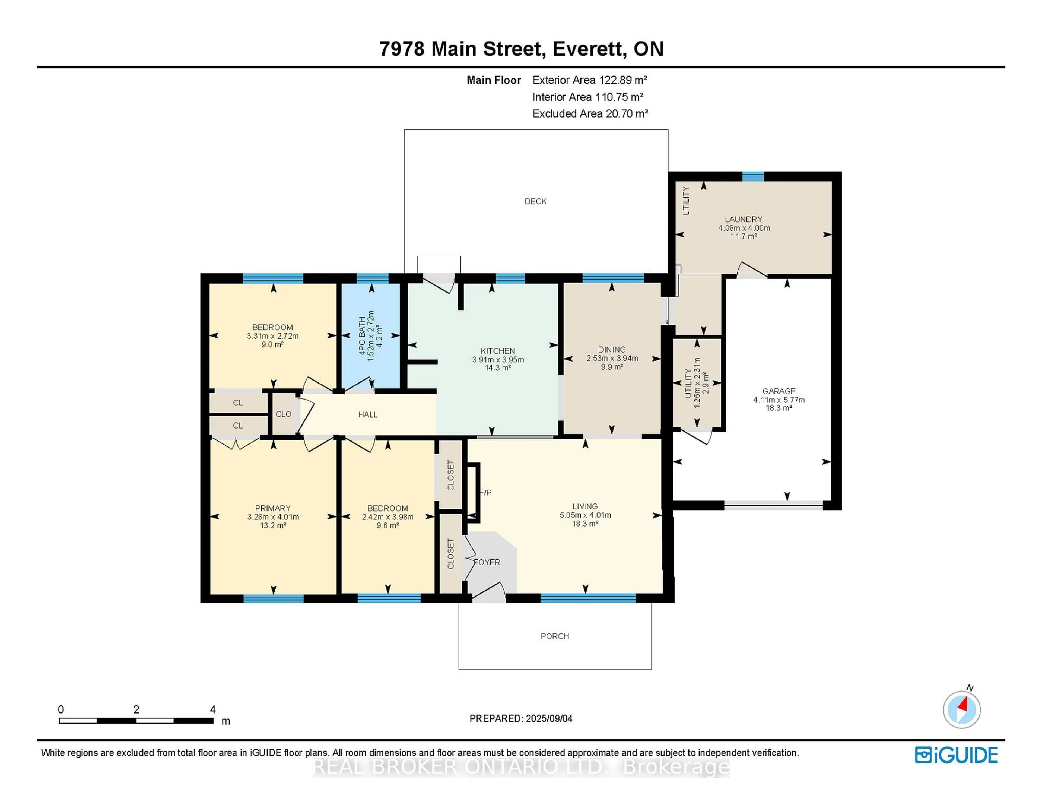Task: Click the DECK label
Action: coord(535,201)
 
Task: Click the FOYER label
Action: coord(487,562)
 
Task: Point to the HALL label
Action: coord(368,415)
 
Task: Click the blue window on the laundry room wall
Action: coord(753,176)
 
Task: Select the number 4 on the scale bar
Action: coord(213,709)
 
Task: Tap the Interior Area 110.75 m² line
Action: coord(588,97)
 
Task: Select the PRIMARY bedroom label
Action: coord(272,508)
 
